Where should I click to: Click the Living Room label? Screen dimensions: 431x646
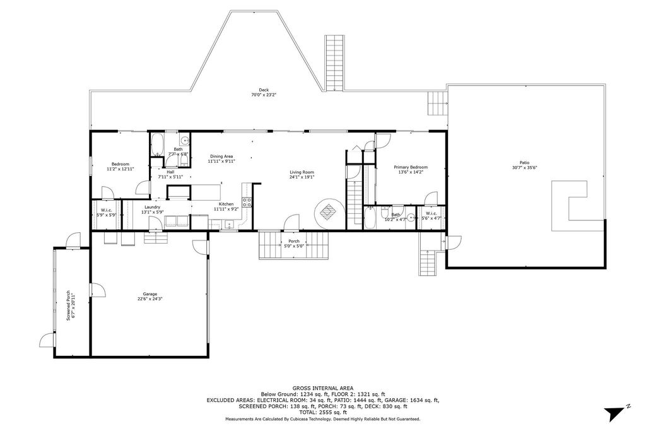pyautogui.click(x=302, y=172)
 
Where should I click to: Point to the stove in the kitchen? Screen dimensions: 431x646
pyautogui.click(x=247, y=203)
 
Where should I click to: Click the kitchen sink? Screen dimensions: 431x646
pyautogui.click(x=228, y=223)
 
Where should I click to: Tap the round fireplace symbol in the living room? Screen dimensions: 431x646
pyautogui.click(x=330, y=212)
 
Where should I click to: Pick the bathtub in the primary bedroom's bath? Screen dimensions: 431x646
pyautogui.click(x=370, y=218)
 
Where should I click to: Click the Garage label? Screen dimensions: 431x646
pyautogui.click(x=150, y=294)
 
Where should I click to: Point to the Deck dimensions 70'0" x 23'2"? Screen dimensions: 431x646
pyautogui.click(x=264, y=95)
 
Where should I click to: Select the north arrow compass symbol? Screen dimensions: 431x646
pyautogui.click(x=614, y=413)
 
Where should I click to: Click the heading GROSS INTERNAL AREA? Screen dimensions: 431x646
pyautogui.click(x=322, y=388)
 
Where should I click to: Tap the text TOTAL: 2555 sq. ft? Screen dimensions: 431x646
pyautogui.click(x=322, y=412)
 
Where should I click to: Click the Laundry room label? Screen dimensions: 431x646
pyautogui.click(x=151, y=207)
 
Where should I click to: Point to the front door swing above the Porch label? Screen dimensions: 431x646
pyautogui.click(x=291, y=222)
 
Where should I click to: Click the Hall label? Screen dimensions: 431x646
pyautogui.click(x=170, y=172)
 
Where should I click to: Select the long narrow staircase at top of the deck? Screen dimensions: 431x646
pyautogui.click(x=334, y=63)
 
